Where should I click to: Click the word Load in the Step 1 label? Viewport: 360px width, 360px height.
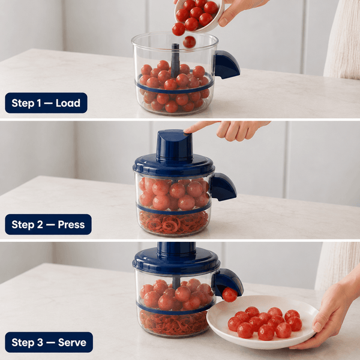click(x=68, y=103)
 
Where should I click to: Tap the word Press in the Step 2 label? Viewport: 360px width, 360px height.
click(x=71, y=224)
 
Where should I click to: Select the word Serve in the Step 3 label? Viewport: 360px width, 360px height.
click(x=72, y=343)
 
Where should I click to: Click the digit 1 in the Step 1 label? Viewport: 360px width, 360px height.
click(x=39, y=103)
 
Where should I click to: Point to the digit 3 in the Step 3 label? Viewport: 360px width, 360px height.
click(x=40, y=343)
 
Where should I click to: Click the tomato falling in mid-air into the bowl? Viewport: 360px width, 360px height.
click(x=190, y=42)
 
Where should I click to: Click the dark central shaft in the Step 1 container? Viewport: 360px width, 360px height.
click(x=175, y=59)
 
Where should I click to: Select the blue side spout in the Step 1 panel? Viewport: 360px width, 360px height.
click(x=227, y=65)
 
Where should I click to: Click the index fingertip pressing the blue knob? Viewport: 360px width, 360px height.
click(x=187, y=131)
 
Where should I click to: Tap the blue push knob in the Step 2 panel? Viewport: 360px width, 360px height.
click(x=174, y=145)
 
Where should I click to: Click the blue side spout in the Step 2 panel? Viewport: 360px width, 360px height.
click(x=223, y=187)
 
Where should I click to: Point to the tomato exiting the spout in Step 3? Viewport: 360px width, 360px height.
click(x=230, y=295)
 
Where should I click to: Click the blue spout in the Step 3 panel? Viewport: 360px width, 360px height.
click(x=229, y=281)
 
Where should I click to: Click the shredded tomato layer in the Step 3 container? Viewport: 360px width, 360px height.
click(x=174, y=322)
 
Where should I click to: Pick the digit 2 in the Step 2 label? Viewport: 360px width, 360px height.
click(x=40, y=224)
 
